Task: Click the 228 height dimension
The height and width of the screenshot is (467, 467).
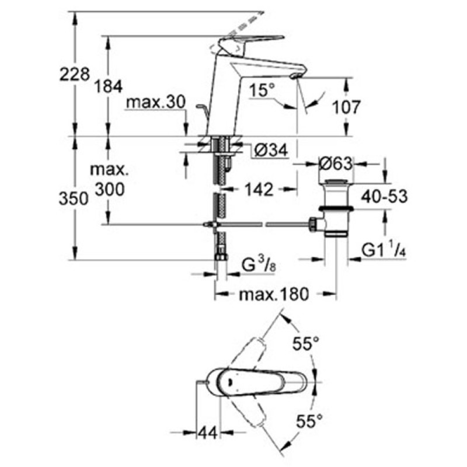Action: pos(75,74)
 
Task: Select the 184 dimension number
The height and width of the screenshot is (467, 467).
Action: pos(109,86)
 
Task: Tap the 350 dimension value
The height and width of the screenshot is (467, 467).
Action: pos(74,198)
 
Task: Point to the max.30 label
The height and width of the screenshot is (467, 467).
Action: pos(156,102)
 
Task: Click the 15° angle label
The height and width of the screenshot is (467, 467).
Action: pos(262,90)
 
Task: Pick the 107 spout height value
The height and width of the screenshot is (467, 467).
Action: pos(346,107)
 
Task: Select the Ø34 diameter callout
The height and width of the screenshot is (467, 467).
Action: pos(271,151)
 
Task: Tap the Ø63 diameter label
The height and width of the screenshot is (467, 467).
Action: pos(336,164)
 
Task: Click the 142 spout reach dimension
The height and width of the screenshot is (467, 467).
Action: pos(259,189)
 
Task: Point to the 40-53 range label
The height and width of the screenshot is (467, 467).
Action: pos(384,196)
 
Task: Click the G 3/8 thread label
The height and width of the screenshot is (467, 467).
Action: pos(259,264)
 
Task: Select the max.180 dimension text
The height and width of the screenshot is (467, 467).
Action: pos(274,295)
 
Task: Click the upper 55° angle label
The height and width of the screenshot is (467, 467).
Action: pos(305,344)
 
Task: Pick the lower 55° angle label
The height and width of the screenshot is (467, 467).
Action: pos(309,421)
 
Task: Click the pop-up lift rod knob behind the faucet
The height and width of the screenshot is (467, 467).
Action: pos(200,106)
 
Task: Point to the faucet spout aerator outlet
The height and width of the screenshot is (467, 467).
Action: pos(294,76)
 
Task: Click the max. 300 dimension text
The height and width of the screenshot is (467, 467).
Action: pos(109,180)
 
